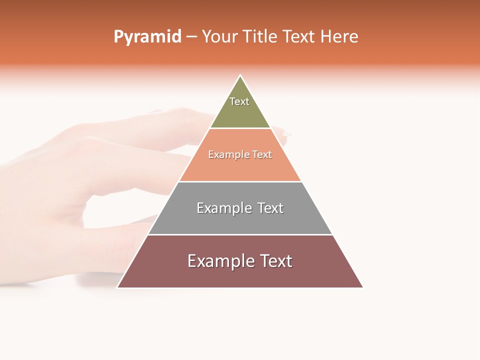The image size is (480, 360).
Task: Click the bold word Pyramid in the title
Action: (x=147, y=37)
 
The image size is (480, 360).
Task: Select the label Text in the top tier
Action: (x=239, y=101)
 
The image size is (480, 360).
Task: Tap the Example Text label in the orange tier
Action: (x=240, y=154)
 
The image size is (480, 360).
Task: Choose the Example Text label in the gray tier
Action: (x=240, y=208)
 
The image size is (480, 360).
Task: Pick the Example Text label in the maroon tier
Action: (x=240, y=261)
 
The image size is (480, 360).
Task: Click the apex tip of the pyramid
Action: (x=240, y=76)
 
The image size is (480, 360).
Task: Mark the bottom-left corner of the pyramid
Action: (x=118, y=287)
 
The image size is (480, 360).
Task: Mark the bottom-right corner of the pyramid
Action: (x=362, y=287)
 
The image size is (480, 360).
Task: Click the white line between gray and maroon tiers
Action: (x=240, y=234)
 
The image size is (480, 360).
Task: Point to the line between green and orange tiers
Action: (x=240, y=128)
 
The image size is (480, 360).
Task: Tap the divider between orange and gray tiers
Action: (x=240, y=181)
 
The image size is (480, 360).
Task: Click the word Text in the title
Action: (x=299, y=37)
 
